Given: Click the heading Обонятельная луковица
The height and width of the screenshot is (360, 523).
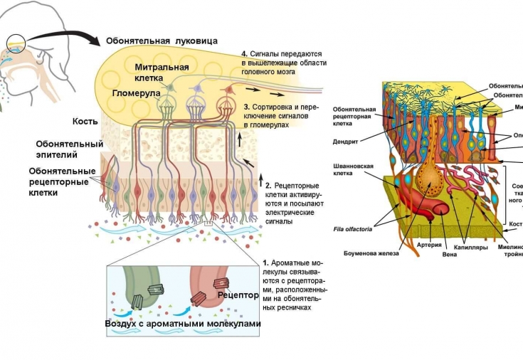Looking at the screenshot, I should pyautogui.click(x=162, y=41).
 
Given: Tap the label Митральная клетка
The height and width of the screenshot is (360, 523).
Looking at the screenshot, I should pyautogui.click(x=162, y=73).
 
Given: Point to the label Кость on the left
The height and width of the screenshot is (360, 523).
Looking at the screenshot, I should pyautogui.click(x=85, y=121).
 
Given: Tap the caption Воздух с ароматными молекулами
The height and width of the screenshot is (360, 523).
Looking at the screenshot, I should pyautogui.click(x=182, y=324).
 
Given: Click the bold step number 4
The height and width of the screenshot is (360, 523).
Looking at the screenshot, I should pyautogui.click(x=244, y=53).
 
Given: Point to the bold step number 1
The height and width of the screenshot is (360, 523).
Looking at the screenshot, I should pyautogui.click(x=265, y=263).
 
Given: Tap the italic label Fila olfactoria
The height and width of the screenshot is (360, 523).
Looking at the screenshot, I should pyautogui.click(x=353, y=229).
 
